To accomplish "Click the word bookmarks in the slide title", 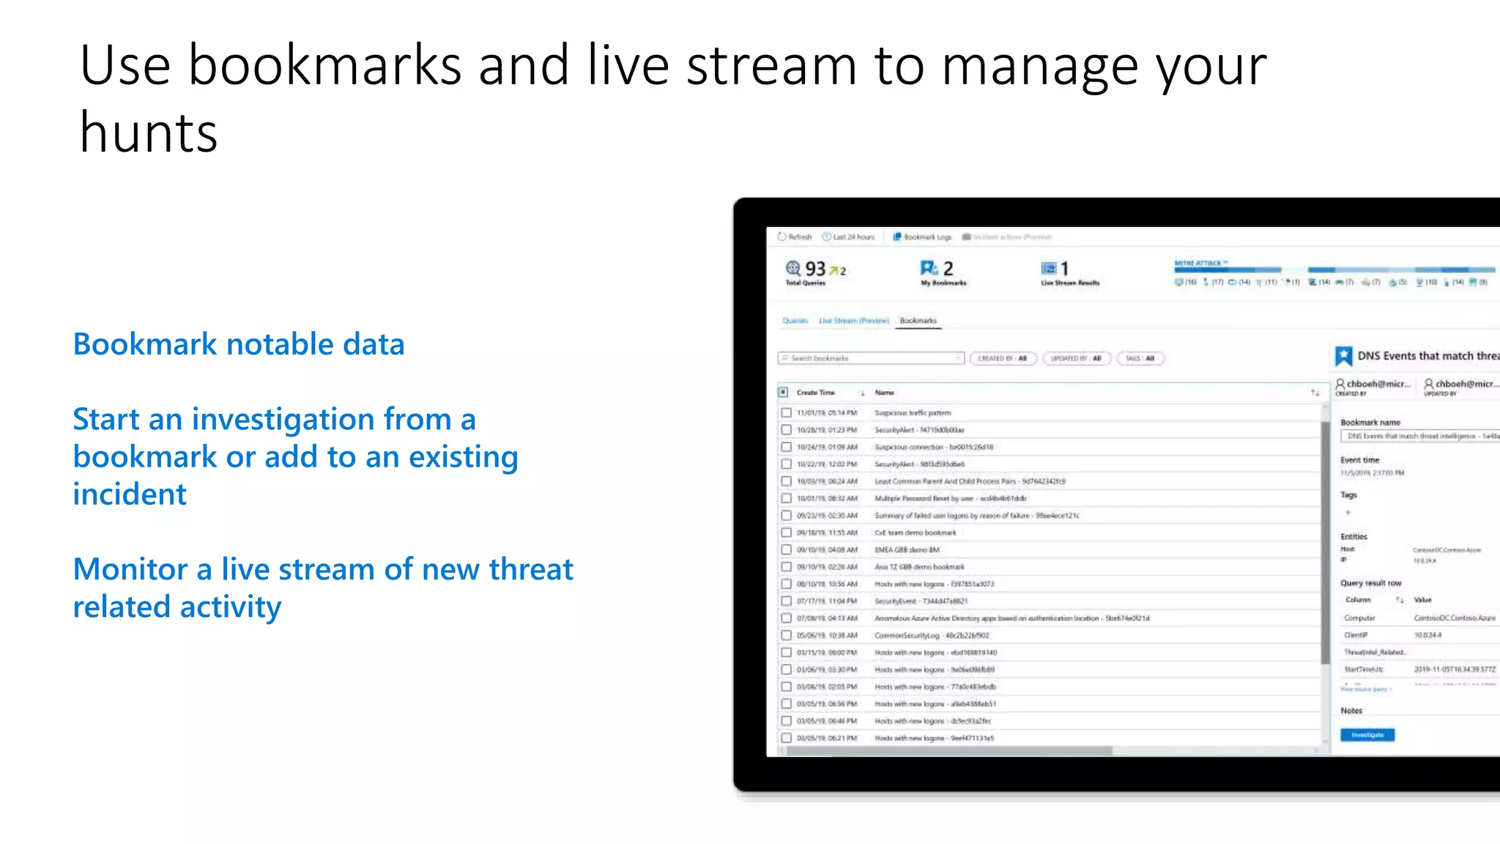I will click(324, 66).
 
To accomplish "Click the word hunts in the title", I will click(149, 133).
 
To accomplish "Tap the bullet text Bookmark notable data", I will click(239, 344).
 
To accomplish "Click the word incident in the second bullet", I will click(130, 495).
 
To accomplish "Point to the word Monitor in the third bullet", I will click(131, 569).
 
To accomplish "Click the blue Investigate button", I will click(1367, 735).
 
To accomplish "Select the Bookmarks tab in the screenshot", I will click(918, 321).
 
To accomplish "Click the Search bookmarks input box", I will click(870, 358).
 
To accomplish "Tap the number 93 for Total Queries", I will click(815, 269).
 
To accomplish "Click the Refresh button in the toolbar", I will click(795, 237).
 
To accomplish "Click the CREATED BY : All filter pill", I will click(1002, 358).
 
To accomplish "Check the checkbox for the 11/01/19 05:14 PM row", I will click(786, 412).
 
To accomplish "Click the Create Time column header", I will click(816, 393).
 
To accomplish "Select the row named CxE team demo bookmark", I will click(915, 533).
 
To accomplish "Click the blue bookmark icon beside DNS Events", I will click(1343, 356).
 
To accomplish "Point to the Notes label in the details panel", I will click(1351, 711).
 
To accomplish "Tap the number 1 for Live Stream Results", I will click(1064, 269).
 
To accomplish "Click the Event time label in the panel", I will click(1359, 460).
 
